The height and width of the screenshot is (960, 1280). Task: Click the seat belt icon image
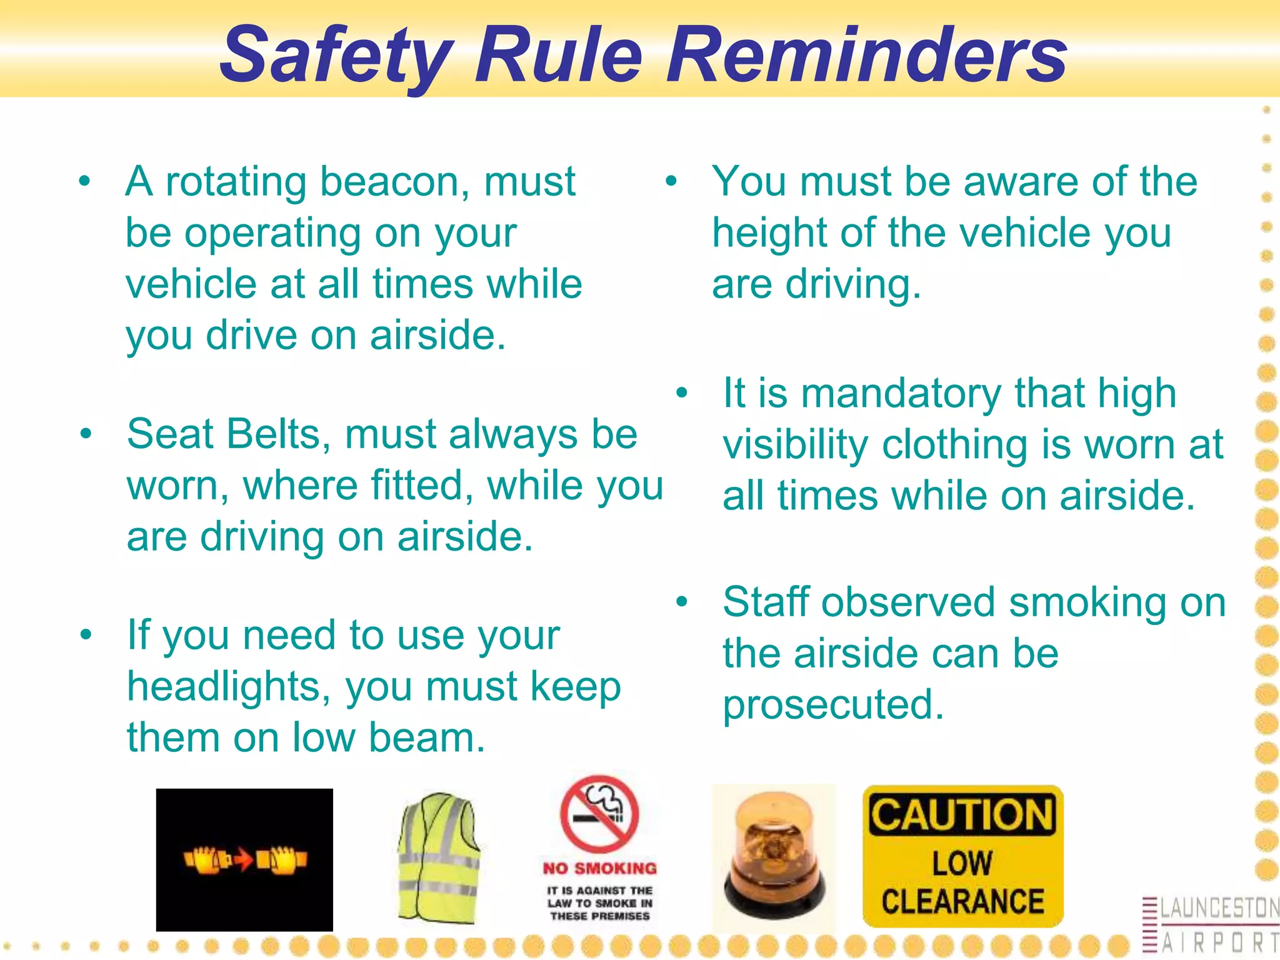pyautogui.click(x=244, y=860)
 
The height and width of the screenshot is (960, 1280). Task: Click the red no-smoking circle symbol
pyautogui.click(x=599, y=814)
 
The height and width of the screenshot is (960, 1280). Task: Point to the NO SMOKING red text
pyautogui.click(x=599, y=868)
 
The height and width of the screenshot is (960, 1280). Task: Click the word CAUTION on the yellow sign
pyautogui.click(x=962, y=815)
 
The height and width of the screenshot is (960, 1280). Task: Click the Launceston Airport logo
pyautogui.click(x=1211, y=925)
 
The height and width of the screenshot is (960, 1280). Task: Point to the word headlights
pyautogui.click(x=229, y=686)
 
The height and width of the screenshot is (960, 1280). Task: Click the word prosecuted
pyautogui.click(x=833, y=705)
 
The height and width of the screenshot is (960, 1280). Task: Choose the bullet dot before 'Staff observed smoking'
pyautogui.click(x=682, y=601)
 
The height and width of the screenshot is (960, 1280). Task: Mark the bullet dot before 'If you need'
pyautogui.click(x=86, y=634)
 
